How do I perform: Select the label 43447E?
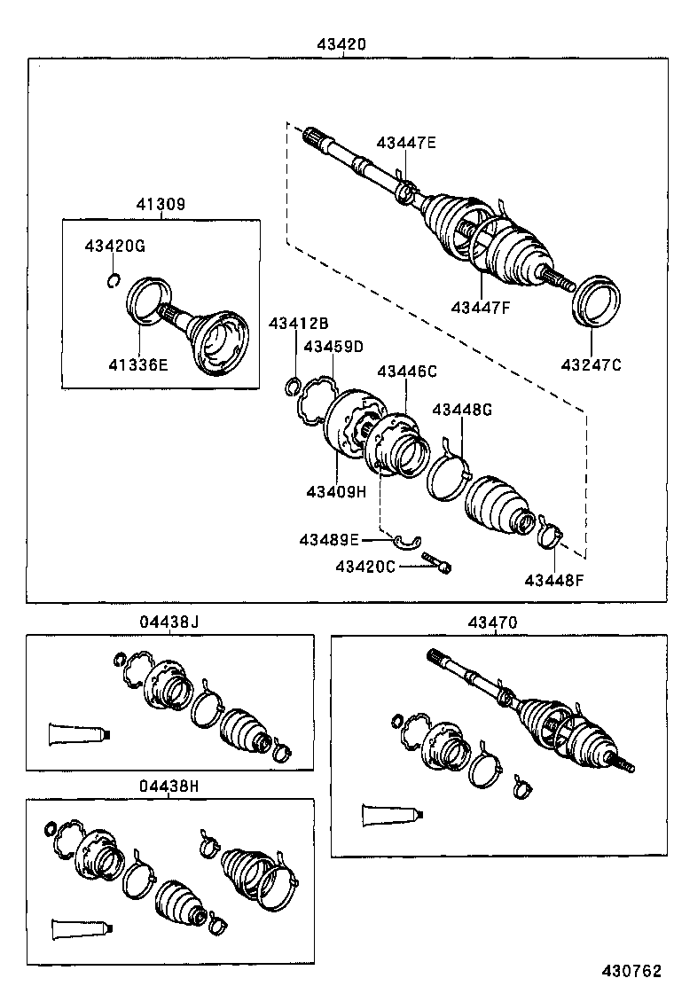[406, 143]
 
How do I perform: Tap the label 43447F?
[482, 308]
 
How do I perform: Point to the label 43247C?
[592, 364]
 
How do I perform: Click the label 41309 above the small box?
[161, 204]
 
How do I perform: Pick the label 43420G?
[114, 246]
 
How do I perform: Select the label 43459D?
[333, 346]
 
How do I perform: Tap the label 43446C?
[407, 372]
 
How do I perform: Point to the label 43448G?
[461, 410]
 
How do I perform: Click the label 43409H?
[337, 491]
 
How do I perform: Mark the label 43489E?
[328, 539]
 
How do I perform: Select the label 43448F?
[554, 580]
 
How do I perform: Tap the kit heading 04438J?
[168, 622]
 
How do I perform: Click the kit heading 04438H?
[168, 786]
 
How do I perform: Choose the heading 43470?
[492, 622]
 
